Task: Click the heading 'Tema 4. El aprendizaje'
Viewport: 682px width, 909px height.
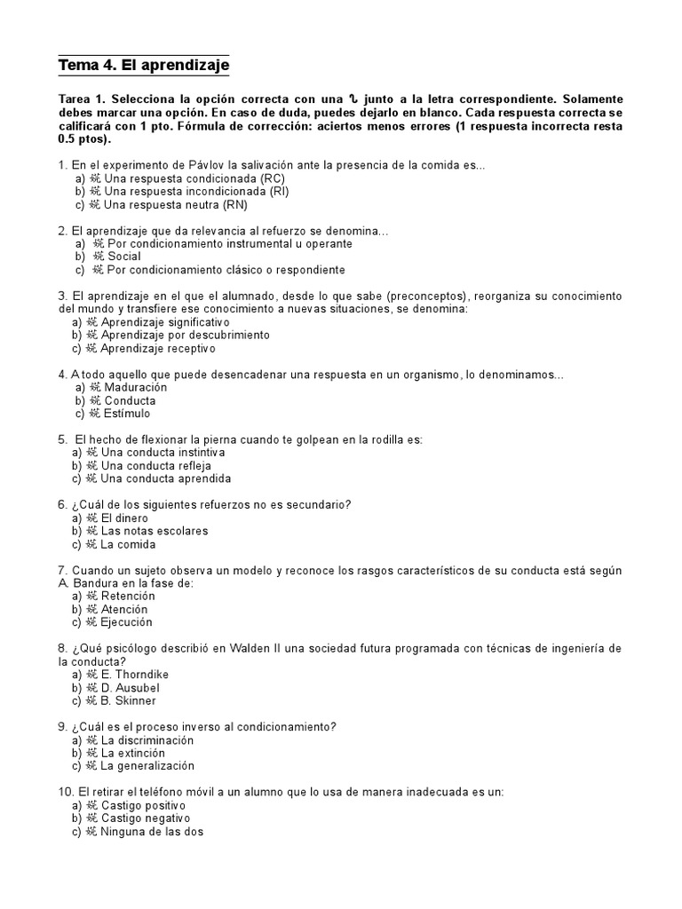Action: point(143,66)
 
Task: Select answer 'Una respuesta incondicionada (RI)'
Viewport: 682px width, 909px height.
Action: point(195,191)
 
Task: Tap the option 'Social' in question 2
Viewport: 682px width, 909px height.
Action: point(123,257)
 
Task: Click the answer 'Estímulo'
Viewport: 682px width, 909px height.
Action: point(127,414)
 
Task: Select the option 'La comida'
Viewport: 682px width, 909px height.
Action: point(128,544)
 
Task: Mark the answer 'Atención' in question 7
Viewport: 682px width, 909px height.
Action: point(125,610)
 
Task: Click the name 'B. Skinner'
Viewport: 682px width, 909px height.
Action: point(129,701)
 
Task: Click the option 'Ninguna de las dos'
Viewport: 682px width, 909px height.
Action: point(152,833)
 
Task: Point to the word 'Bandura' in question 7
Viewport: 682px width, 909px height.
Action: point(95,583)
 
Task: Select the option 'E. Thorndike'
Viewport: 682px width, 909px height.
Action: point(134,675)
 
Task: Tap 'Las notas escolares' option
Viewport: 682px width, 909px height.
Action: point(155,531)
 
